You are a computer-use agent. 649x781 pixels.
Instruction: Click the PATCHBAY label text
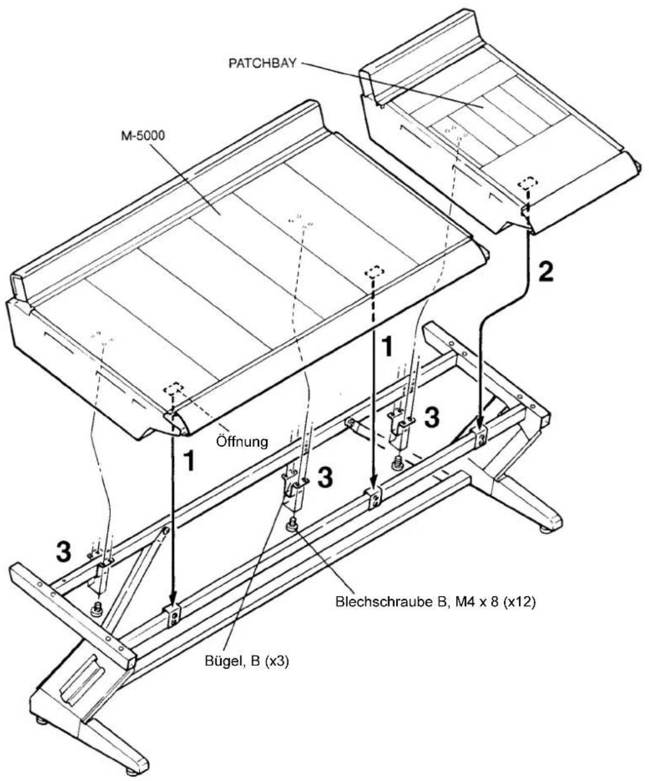262,63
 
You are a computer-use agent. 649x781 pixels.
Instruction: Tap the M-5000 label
143,136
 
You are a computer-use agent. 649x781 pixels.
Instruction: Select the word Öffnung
242,442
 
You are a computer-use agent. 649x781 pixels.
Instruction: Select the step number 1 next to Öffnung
190,461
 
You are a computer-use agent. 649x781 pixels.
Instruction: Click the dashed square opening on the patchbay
528,183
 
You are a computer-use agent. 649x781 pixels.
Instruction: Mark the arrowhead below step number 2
480,422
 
